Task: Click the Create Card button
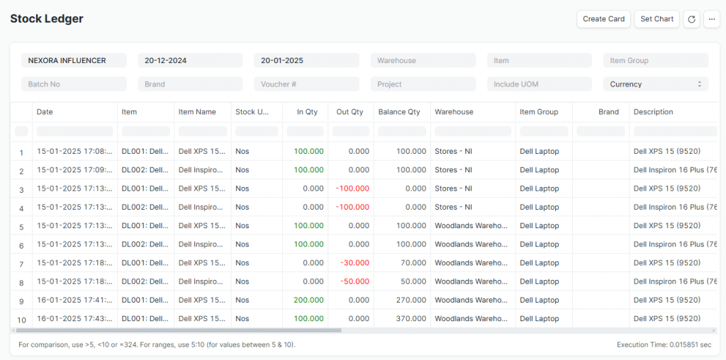604,19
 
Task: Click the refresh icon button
692,19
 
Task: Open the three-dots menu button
712,19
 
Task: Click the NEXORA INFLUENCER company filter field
74,61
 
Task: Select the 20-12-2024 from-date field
190,61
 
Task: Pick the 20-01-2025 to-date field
306,61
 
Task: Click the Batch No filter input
74,84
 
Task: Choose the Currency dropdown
655,84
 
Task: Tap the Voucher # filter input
306,84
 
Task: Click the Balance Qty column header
399,112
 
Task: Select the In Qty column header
307,112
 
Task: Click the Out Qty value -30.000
354,263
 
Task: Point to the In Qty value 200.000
308,300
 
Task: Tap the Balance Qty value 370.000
411,319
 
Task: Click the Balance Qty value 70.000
414,263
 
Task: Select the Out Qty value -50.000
354,281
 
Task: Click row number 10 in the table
21,320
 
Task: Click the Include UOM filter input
539,84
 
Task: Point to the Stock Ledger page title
47,19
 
